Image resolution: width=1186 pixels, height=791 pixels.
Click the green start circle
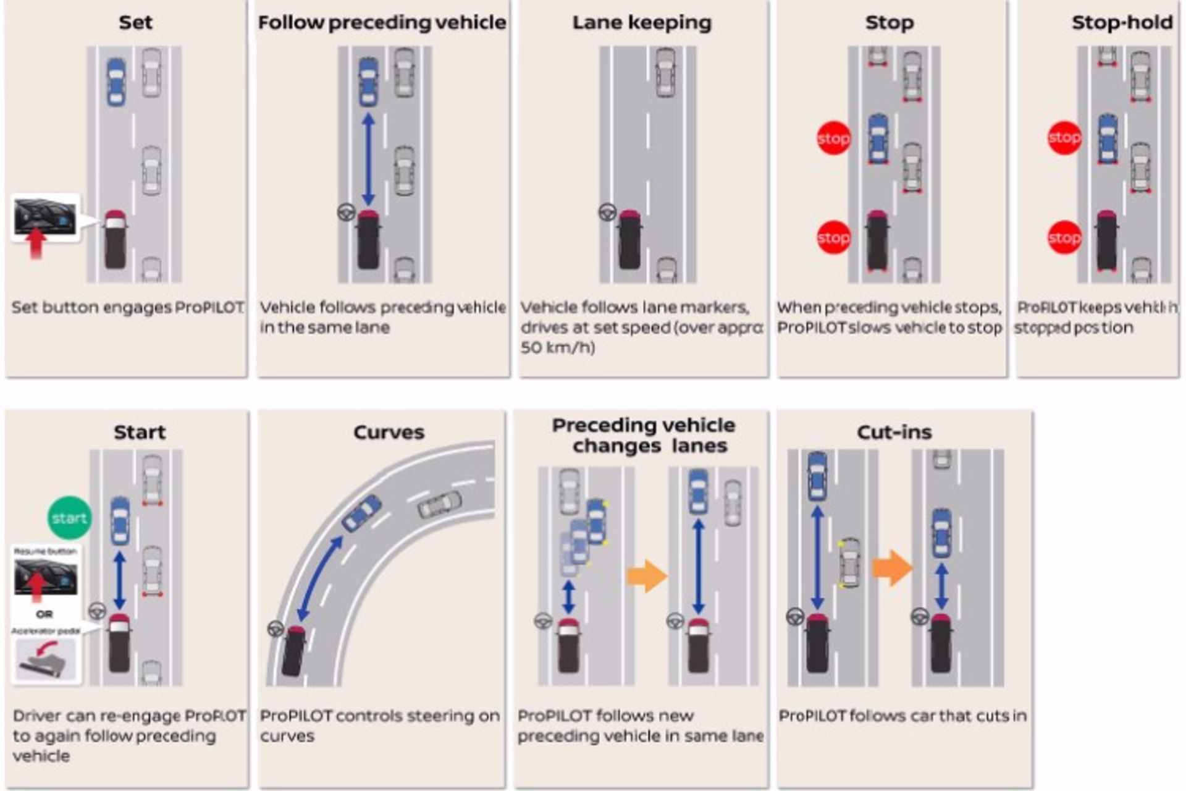[69, 518]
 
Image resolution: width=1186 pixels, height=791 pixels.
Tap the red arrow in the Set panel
[36, 243]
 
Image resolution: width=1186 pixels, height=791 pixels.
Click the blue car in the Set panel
[116, 82]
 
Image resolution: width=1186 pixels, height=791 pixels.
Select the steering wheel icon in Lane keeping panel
[607, 213]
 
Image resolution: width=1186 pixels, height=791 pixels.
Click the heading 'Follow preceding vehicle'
[382, 23]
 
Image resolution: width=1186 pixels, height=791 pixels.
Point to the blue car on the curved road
[362, 512]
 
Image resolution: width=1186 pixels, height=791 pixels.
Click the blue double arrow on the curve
[319, 578]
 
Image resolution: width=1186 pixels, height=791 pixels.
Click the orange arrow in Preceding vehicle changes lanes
[647, 576]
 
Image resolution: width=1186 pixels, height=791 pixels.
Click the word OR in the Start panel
[44, 614]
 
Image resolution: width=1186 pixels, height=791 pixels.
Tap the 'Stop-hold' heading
[1122, 23]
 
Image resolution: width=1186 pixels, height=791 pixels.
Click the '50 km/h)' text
[557, 348]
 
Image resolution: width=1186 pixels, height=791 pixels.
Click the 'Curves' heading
[389, 432]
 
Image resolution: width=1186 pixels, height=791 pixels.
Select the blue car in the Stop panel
[878, 139]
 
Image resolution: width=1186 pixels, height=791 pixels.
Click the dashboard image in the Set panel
[45, 216]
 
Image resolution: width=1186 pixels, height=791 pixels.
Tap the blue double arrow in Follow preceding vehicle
[368, 159]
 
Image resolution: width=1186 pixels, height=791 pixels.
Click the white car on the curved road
[440, 505]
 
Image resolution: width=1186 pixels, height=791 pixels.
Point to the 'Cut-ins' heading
[894, 432]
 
